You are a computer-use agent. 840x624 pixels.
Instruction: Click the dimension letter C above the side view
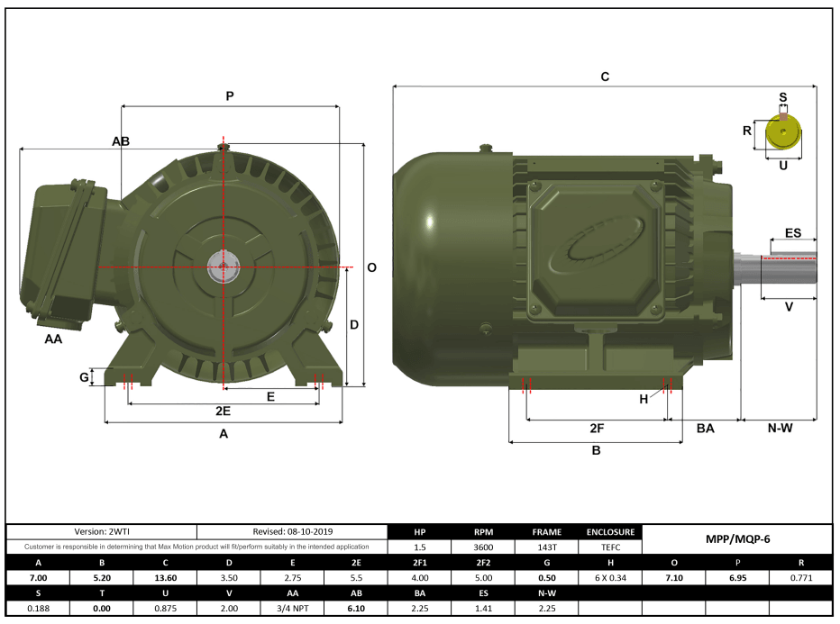point(605,77)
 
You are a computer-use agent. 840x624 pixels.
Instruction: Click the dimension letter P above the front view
point(230,95)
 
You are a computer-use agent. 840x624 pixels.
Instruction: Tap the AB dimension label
point(121,141)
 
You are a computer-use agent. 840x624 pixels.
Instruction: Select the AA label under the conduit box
point(54,339)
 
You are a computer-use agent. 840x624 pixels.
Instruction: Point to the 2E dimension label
point(223,411)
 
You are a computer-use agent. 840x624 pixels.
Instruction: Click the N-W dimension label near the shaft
point(780,428)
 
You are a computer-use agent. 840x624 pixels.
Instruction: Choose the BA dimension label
point(705,429)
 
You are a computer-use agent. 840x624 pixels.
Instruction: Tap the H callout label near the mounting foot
point(644,399)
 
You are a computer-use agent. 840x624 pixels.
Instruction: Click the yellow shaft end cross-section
point(782,134)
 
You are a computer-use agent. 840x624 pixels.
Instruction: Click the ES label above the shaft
point(793,232)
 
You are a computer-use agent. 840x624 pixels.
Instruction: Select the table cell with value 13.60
point(165,578)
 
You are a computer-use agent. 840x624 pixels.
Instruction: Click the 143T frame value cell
point(546,547)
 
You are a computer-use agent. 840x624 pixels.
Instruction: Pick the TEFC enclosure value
point(610,547)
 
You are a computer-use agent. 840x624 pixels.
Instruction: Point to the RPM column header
point(483,532)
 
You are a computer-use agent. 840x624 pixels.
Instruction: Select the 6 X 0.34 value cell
point(610,578)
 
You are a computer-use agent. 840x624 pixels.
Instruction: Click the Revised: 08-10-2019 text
point(293,532)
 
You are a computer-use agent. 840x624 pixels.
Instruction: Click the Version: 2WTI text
point(101,532)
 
